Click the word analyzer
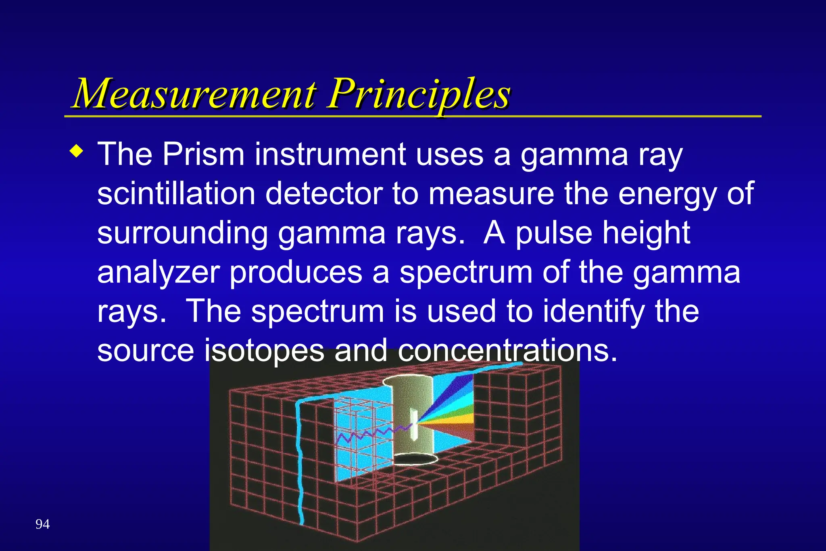(158, 273)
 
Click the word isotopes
(264, 350)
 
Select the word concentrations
(507, 350)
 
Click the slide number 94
(43, 524)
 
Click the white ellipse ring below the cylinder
(415, 460)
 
